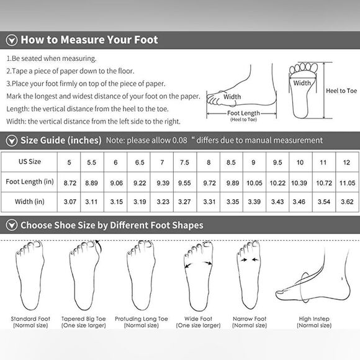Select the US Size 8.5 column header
[232, 162]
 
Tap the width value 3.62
[346, 202]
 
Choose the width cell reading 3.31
[209, 202]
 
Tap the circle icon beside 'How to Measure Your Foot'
[11, 40]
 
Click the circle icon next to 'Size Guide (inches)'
[11, 140]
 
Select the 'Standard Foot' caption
[30, 319]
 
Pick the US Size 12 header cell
[346, 162]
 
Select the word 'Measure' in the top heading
[82, 40]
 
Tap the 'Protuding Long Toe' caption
[142, 319]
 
